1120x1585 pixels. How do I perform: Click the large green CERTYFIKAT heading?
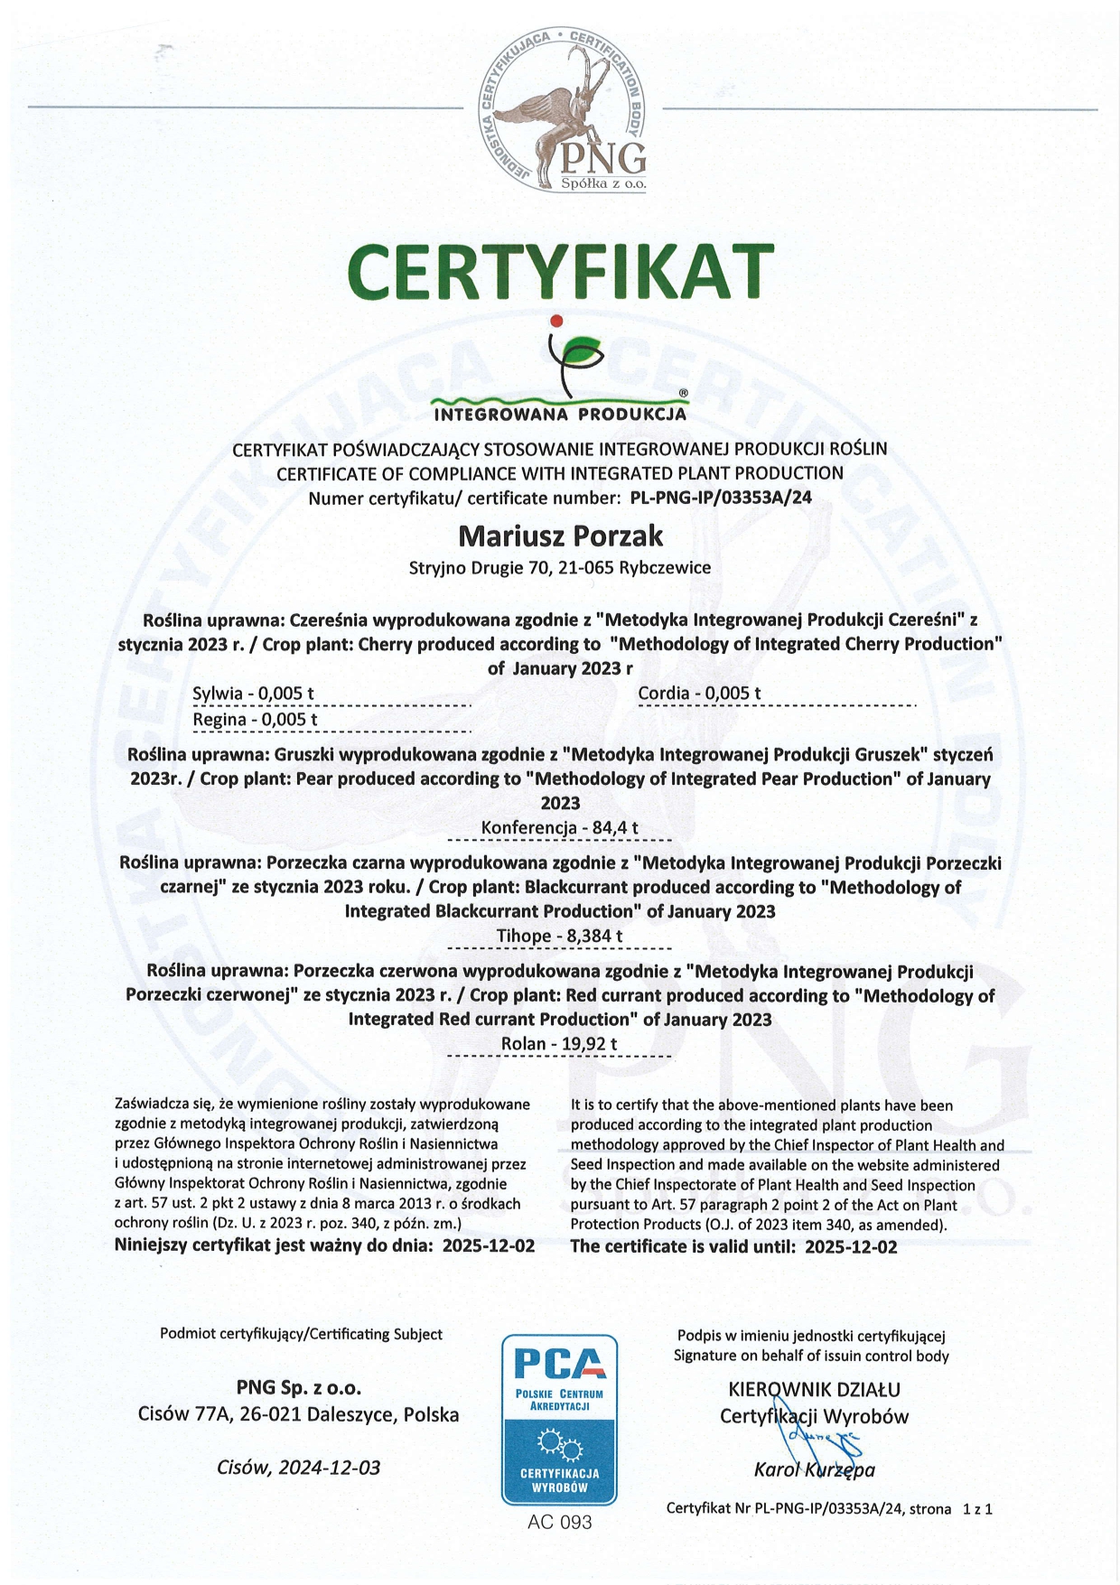pos(560,271)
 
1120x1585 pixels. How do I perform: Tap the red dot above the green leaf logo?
pos(556,321)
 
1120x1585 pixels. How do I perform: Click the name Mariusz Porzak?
pos(560,536)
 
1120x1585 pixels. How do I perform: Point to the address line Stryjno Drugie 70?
pos(560,568)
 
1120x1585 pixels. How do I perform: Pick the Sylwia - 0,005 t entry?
pos(253,694)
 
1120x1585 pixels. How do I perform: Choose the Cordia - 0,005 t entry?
pos(699,693)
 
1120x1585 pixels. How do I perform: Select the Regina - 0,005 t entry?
pos(255,719)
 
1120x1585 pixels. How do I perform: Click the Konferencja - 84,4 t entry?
pos(560,827)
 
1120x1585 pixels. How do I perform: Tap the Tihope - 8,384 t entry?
pos(560,936)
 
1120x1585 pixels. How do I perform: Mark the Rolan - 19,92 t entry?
pos(560,1044)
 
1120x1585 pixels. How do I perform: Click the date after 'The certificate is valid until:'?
pos(851,1247)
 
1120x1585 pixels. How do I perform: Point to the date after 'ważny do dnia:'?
pos(489,1246)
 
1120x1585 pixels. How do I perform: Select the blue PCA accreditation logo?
pos(559,1420)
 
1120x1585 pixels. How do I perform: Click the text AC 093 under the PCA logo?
pos(560,1523)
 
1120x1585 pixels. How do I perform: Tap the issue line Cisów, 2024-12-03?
pos(298,1468)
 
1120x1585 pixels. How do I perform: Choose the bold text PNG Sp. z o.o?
pos(298,1388)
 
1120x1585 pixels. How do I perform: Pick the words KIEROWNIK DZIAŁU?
pos(814,1390)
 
